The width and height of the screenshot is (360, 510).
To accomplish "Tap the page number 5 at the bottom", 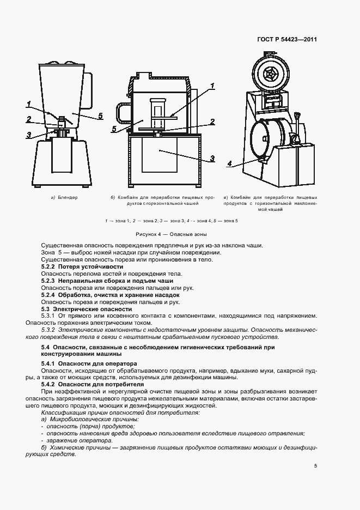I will pos(315,465).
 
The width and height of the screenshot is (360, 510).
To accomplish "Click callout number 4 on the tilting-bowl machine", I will pos(229,162).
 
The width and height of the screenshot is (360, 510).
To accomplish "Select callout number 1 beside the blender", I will pos(28,104).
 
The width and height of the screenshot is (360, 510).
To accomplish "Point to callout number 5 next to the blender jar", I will pos(100,116).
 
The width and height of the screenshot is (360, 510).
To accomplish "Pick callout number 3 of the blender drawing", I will pos(28,134).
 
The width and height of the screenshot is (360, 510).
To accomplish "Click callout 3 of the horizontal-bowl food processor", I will pos(212,158).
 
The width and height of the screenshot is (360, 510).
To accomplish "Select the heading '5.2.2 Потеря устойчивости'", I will pos(82,266).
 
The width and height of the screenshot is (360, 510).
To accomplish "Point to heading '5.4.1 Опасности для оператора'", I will pos(89,363).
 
